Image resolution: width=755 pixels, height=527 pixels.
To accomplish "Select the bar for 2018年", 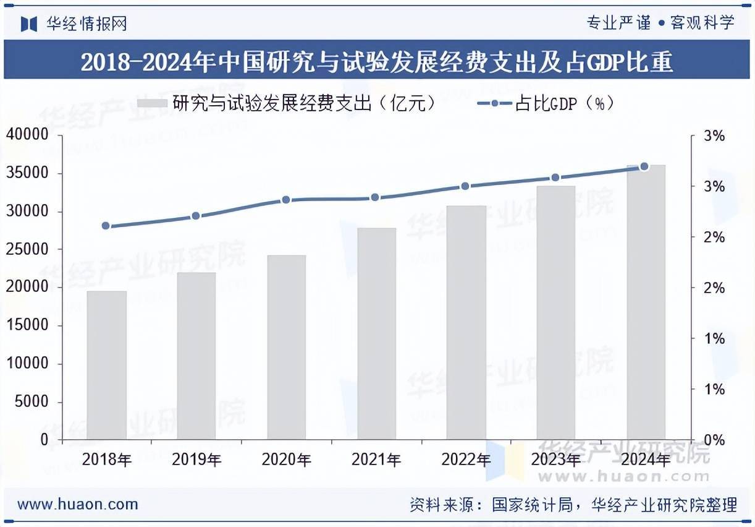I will click(x=106, y=365).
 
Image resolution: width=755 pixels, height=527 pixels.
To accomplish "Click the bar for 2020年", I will click(x=286, y=347).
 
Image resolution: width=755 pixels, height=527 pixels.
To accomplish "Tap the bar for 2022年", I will click(x=466, y=322).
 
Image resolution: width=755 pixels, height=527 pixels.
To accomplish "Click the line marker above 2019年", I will click(x=196, y=216).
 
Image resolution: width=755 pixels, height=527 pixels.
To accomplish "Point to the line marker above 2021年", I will click(x=375, y=197).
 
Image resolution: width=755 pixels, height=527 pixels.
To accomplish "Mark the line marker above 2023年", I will click(x=555, y=178).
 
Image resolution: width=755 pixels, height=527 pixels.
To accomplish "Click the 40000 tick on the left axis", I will click(x=27, y=135).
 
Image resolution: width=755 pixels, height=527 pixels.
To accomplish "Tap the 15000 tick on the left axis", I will click(x=27, y=326).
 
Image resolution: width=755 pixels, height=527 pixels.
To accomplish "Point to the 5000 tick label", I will click(x=30, y=402).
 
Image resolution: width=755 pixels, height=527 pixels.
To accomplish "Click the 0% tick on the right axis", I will click(x=714, y=440).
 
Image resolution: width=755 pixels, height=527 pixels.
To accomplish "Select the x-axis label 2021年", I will click(x=376, y=460).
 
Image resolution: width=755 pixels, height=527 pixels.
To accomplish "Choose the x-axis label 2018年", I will click(x=106, y=460).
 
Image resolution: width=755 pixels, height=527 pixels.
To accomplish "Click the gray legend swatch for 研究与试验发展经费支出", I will click(x=151, y=103).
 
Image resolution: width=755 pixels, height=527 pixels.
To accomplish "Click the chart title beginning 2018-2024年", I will click(x=377, y=62).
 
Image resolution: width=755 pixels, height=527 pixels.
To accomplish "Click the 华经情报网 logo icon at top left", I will click(x=29, y=24).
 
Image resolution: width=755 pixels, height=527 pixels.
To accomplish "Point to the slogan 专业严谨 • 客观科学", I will click(x=660, y=24).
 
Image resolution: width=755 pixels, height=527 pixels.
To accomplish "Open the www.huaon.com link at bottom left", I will click(x=78, y=504).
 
